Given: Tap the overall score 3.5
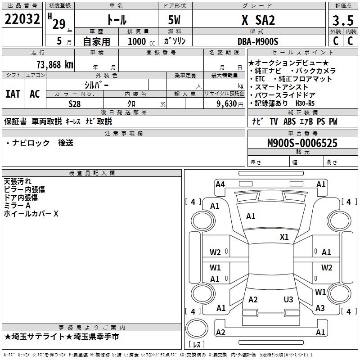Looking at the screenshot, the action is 342,21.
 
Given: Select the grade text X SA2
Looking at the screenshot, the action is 258,20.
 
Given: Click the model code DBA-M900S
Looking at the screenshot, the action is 258,41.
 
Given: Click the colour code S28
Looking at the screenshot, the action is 75,103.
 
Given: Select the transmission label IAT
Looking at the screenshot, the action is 13,94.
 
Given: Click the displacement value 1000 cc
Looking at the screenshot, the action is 140,41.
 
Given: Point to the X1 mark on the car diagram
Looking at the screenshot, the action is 284,237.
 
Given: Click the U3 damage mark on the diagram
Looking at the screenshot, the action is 288,299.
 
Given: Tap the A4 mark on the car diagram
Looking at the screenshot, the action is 220,184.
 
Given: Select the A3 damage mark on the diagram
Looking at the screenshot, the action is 320,308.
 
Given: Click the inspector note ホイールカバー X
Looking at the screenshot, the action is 31,214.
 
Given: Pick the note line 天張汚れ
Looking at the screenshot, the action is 18,181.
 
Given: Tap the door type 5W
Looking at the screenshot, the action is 175,20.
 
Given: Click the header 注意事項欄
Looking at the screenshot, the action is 123,134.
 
